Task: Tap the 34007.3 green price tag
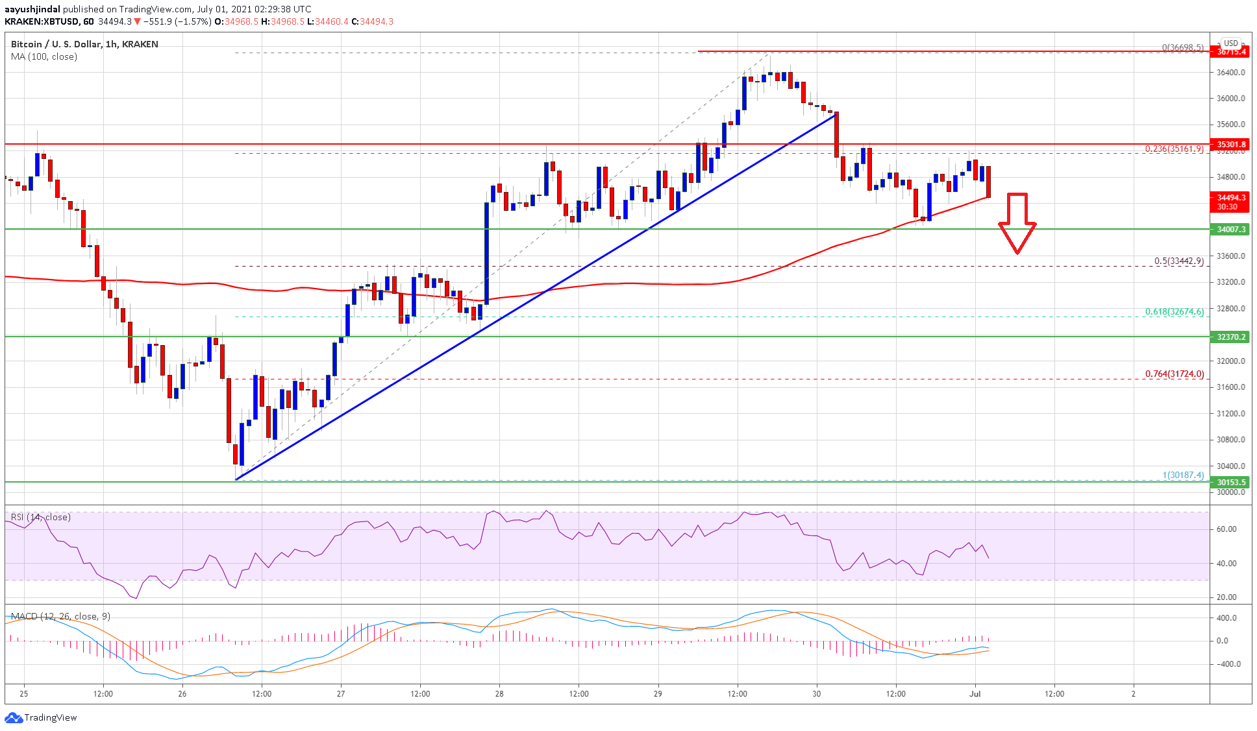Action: pyautogui.click(x=1230, y=230)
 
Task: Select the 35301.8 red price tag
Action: pyautogui.click(x=1230, y=145)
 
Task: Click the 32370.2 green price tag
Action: pyautogui.click(x=1230, y=337)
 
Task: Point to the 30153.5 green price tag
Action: pyautogui.click(x=1230, y=483)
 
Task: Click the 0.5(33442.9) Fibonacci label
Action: pyautogui.click(x=1178, y=261)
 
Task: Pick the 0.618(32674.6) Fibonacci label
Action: pyautogui.click(x=1174, y=312)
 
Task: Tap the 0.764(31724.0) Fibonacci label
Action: pyautogui.click(x=1174, y=374)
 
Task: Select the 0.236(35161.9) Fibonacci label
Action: pyautogui.click(x=1174, y=149)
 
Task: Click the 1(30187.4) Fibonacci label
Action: pyautogui.click(x=1183, y=475)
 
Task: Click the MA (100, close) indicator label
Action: pyautogui.click(x=44, y=57)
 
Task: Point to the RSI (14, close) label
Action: pyautogui.click(x=41, y=517)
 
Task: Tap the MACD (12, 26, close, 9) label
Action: pyautogui.click(x=60, y=616)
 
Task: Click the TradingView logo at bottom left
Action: pyautogui.click(x=41, y=717)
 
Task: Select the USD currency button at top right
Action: pyautogui.click(x=1230, y=43)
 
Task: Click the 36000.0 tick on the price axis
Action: pyautogui.click(x=1230, y=99)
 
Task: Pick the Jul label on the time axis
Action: pyautogui.click(x=975, y=693)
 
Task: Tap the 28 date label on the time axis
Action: pyautogui.click(x=499, y=693)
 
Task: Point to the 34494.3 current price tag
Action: pyautogui.click(x=1230, y=198)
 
